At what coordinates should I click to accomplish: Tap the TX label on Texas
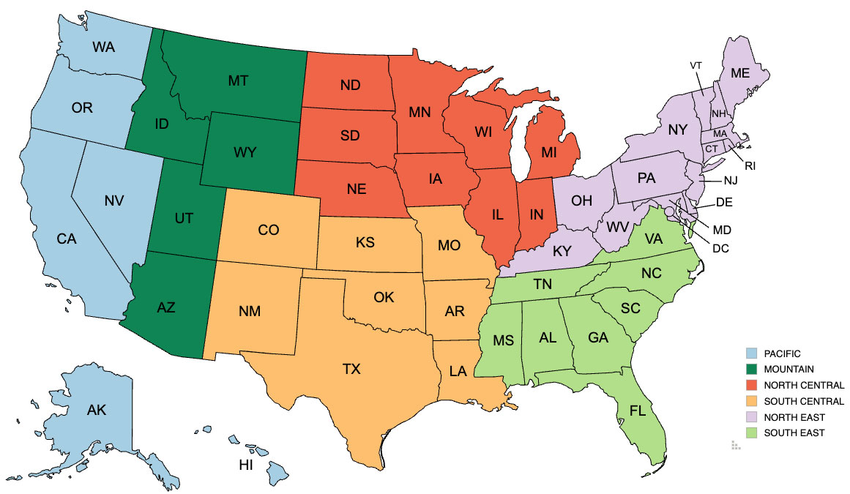click(351, 370)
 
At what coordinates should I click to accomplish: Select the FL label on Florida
click(638, 411)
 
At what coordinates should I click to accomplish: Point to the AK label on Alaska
click(97, 410)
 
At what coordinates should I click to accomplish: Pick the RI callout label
click(750, 166)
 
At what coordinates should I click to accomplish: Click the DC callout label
click(721, 249)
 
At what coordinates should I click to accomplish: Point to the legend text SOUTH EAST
click(794, 433)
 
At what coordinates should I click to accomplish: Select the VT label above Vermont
click(696, 65)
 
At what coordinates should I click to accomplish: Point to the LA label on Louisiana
click(458, 371)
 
